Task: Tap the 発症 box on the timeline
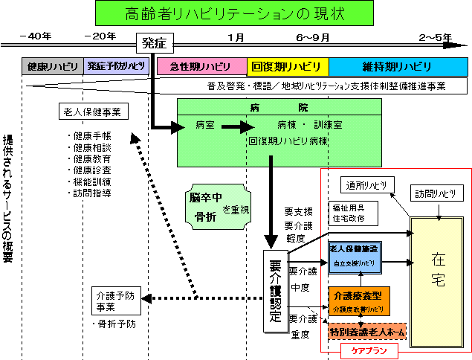click(155, 42)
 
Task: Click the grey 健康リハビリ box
click(53, 66)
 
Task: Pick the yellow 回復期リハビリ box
click(287, 66)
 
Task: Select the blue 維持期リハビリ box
click(398, 66)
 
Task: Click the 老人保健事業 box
click(94, 112)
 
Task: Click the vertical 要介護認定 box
click(274, 291)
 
